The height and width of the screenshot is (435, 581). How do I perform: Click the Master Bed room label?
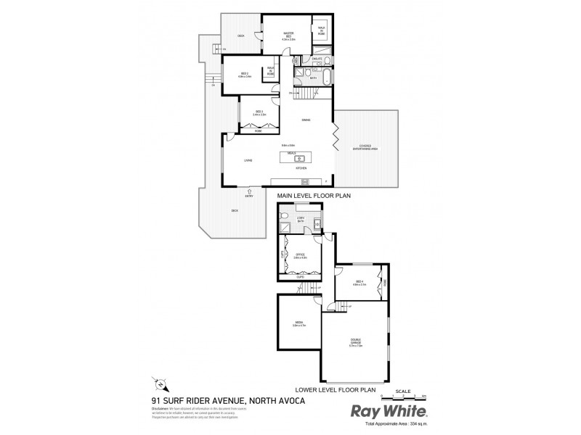click(288, 36)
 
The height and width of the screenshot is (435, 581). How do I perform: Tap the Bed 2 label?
click(245, 74)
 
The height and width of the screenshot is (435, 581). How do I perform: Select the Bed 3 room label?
click(259, 113)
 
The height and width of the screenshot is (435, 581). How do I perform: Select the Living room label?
click(248, 162)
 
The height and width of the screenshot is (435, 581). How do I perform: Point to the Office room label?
click(300, 255)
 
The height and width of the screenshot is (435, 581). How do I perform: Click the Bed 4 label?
click(359, 282)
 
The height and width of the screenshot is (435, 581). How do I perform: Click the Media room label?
click(298, 324)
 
